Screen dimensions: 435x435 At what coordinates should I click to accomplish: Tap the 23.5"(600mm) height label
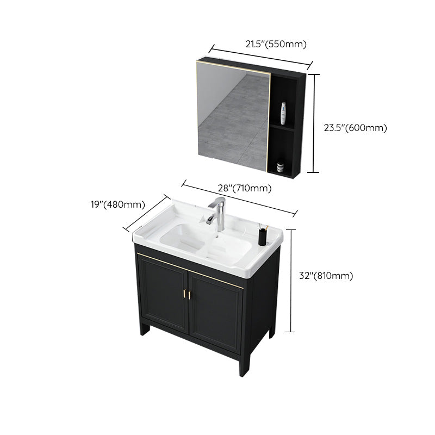(355, 128)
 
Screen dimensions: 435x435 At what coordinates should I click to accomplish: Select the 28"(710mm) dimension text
(245, 189)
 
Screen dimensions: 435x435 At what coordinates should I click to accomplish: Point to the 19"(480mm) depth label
(118, 204)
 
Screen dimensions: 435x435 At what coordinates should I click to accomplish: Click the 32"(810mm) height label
(326, 276)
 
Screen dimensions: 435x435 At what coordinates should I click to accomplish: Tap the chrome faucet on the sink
(219, 214)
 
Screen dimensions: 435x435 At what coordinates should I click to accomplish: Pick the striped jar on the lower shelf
(281, 165)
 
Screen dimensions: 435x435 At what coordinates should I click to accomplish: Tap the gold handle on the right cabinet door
(191, 294)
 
